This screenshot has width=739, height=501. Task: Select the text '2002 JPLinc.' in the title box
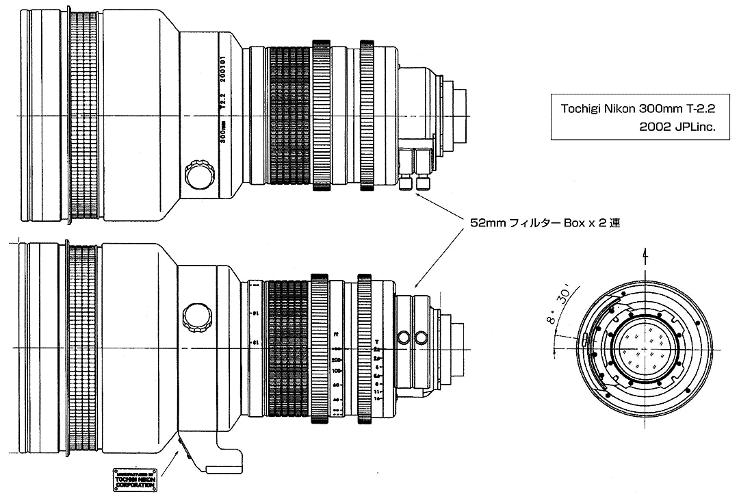click(x=676, y=127)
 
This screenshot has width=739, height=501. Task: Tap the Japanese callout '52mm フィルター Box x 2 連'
click(x=545, y=223)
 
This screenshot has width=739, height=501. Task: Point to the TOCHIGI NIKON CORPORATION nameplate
click(x=135, y=480)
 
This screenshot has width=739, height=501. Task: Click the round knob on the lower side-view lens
click(x=198, y=316)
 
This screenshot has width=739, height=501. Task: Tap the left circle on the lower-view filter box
click(x=404, y=337)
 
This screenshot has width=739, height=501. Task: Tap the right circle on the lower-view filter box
click(x=421, y=337)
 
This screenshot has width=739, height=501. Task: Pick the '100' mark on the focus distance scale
click(x=337, y=370)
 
